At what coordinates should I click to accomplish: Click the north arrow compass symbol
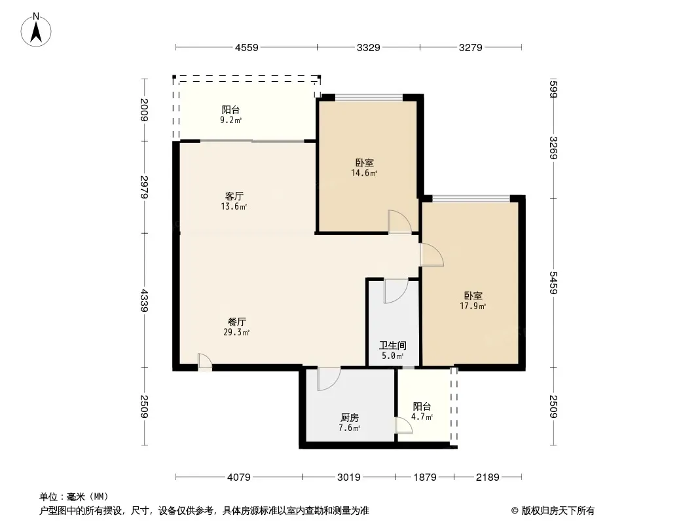tap(36, 30)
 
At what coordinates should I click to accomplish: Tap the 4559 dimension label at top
tap(247, 47)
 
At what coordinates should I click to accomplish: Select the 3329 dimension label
tap(369, 47)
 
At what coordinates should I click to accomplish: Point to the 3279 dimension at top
tap(471, 47)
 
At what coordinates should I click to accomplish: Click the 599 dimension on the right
tap(553, 88)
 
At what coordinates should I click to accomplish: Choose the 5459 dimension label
tap(553, 283)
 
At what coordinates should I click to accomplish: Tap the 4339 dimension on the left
tap(144, 300)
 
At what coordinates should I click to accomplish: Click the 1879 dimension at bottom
tap(425, 477)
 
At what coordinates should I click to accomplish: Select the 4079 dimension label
tap(239, 477)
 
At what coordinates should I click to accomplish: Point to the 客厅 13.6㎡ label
tap(234, 201)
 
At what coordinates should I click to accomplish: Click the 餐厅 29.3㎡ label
tap(236, 327)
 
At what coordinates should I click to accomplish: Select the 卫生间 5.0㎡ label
tap(393, 350)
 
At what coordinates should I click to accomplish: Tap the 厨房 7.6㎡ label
tap(350, 423)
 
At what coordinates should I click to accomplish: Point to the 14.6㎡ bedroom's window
tap(369, 97)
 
